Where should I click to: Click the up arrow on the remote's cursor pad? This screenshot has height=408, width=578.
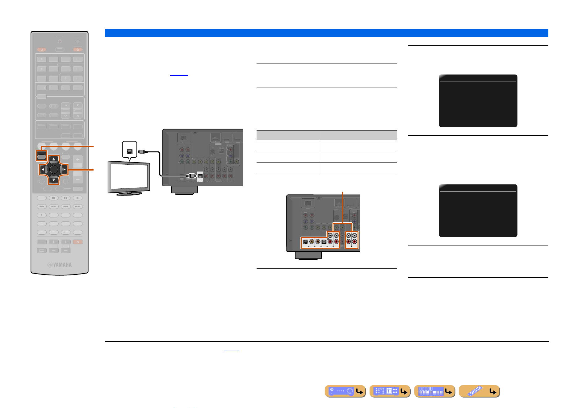(54, 159)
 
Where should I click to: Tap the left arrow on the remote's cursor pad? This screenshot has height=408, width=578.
(42, 169)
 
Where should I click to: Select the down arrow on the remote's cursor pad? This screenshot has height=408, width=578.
(54, 180)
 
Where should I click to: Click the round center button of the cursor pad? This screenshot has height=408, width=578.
(53, 169)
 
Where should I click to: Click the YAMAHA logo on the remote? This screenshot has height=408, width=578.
(60, 265)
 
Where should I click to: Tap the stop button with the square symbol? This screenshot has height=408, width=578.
(53, 198)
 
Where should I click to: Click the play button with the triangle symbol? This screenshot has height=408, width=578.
(78, 198)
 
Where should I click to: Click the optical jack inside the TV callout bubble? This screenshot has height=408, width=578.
(130, 152)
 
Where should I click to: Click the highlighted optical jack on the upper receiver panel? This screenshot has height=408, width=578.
(200, 176)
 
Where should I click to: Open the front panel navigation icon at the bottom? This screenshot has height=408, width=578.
(345, 391)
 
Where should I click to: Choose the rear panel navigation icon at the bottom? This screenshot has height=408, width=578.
(390, 391)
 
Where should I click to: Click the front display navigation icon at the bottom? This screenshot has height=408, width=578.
(435, 391)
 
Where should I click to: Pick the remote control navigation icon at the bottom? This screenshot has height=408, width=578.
(480, 391)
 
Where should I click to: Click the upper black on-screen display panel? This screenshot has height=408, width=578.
(478, 101)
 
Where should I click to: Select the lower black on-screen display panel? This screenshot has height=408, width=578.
(478, 211)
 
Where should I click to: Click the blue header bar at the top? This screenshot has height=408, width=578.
(327, 33)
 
